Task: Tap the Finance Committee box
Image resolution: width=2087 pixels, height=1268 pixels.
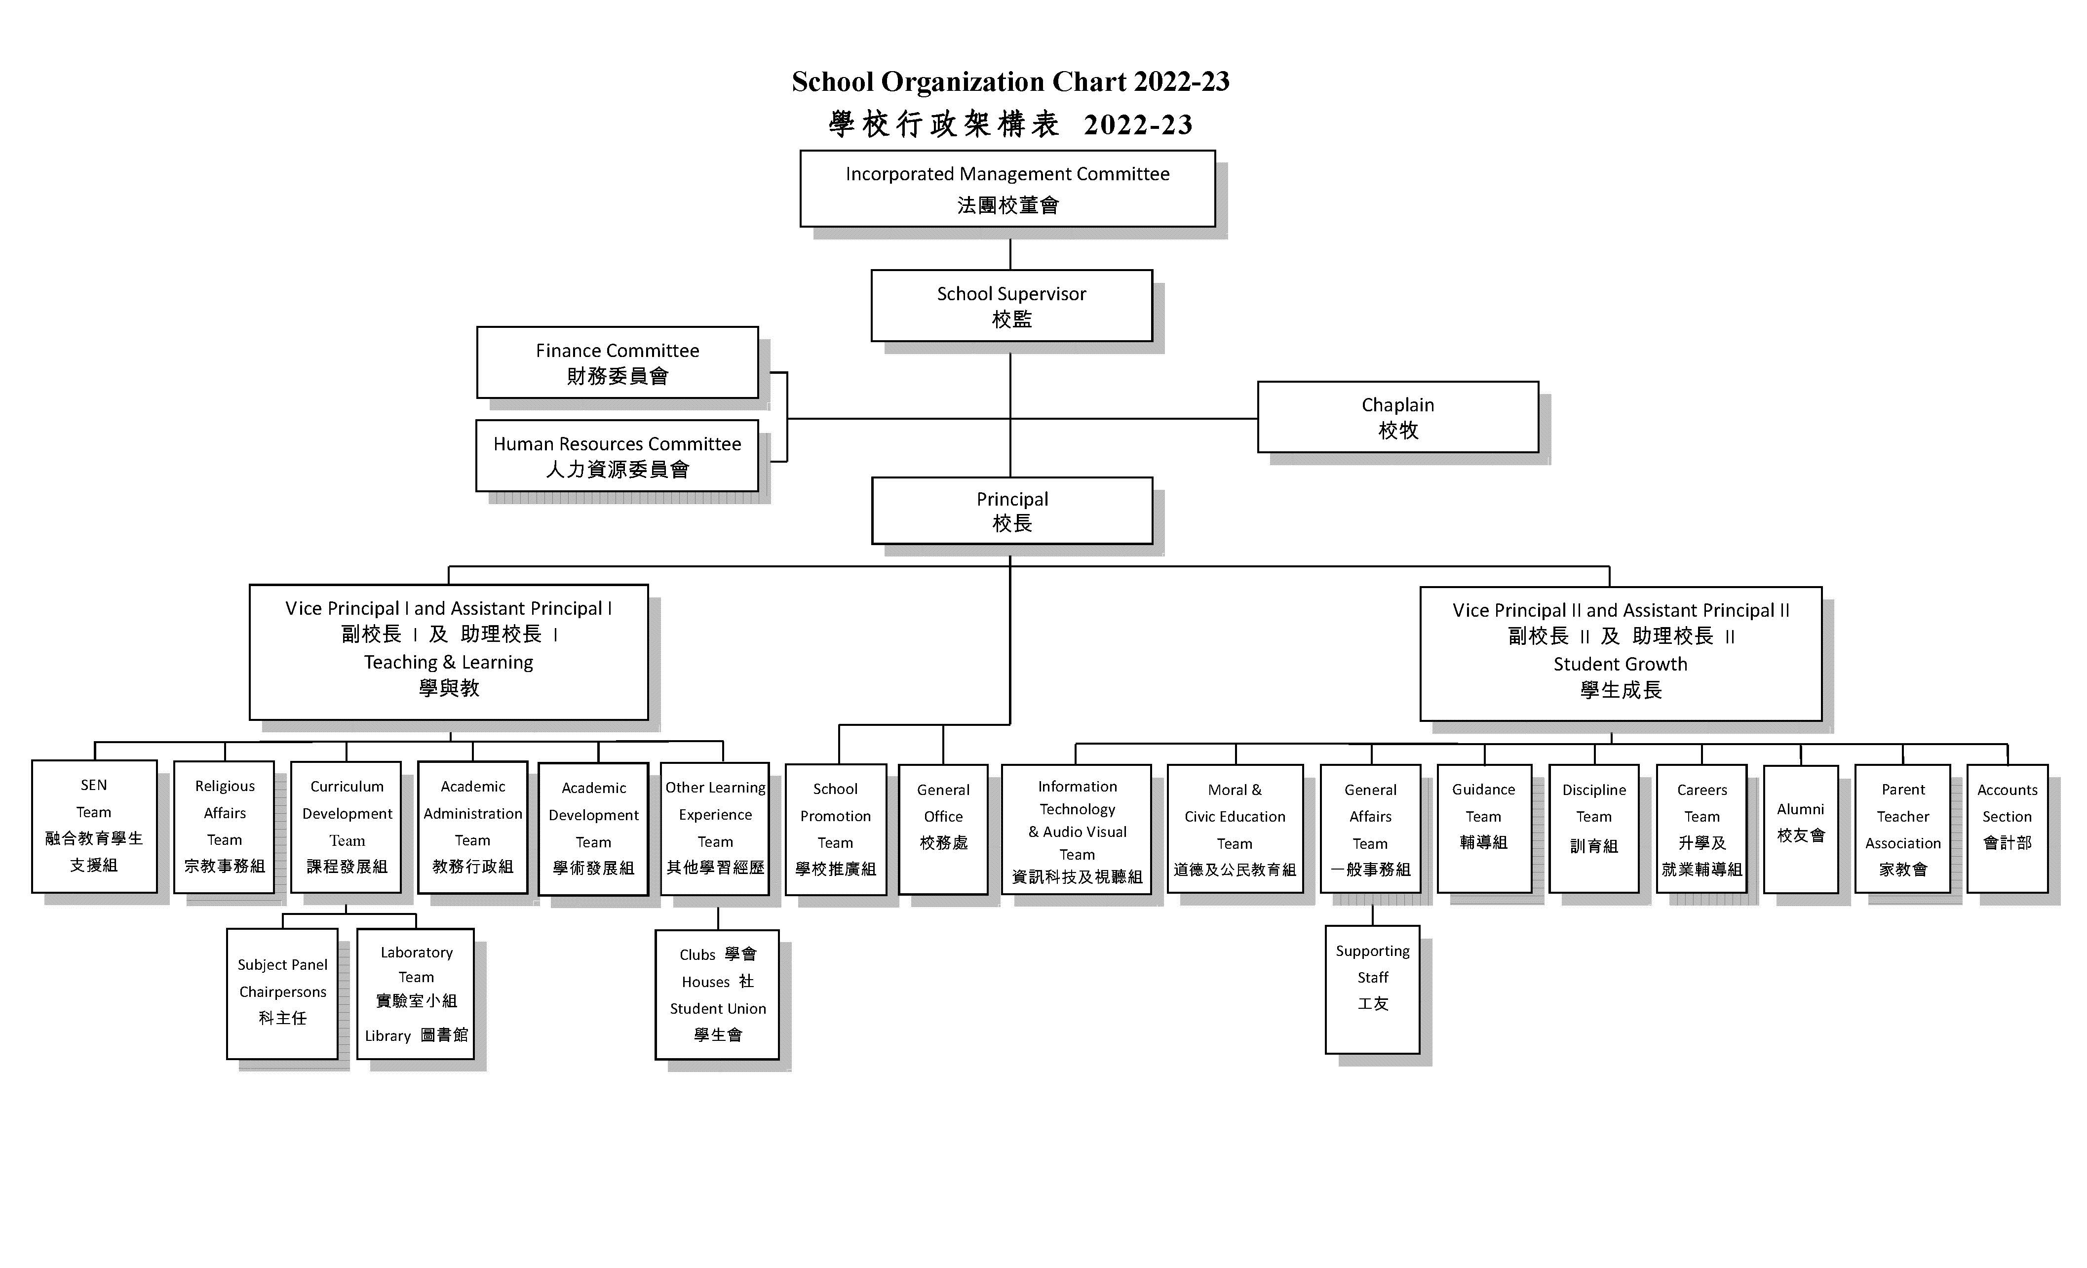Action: (618, 362)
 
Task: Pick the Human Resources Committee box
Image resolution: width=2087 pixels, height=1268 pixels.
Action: (618, 456)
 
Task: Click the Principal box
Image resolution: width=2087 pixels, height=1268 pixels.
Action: (1012, 511)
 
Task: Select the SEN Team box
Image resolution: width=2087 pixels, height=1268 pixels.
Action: (94, 826)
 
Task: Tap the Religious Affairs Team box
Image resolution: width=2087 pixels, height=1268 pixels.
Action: (225, 827)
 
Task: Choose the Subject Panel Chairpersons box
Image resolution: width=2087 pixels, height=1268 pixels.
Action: (282, 993)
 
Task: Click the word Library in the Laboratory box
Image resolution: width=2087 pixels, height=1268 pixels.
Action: (388, 1036)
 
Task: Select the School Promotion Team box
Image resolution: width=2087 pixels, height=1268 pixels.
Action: (836, 829)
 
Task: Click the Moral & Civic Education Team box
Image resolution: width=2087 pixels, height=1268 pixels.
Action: (1235, 829)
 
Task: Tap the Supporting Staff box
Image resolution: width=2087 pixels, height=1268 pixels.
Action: (1373, 990)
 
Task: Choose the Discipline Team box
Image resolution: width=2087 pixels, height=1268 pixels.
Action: (1594, 829)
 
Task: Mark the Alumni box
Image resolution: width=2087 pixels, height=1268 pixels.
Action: (1801, 829)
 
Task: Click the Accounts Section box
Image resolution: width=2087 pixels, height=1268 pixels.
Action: (2008, 829)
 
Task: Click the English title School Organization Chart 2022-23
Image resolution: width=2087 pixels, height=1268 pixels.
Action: (1010, 81)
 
